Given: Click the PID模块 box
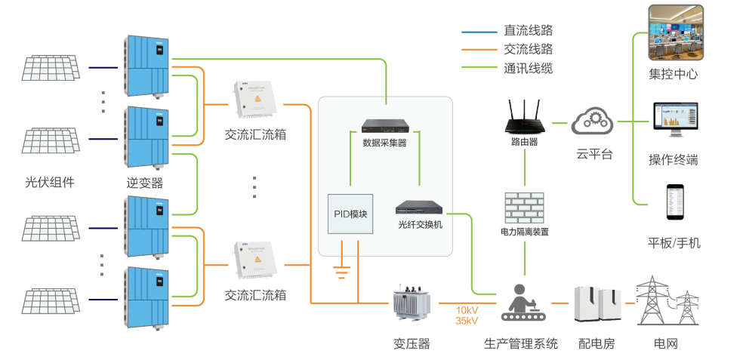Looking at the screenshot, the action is point(350,214).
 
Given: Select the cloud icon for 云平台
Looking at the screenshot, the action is point(592,122).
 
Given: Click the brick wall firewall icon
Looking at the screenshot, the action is point(524,208).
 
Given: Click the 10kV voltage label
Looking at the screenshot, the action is point(467,310).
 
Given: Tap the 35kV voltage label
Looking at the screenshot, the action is point(467,321).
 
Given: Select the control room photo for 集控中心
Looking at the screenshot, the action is point(675,32).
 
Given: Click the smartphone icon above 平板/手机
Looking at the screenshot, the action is point(675,202).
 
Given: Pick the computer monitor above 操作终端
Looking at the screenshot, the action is point(675,119).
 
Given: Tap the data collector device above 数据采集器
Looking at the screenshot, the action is point(385,127).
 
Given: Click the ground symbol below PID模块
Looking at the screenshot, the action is point(341,266).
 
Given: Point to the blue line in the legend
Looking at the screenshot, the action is point(479,32).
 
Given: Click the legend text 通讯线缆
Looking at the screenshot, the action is point(529,68).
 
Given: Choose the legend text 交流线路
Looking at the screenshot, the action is point(529,49).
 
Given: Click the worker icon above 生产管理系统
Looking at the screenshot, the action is point(525,302).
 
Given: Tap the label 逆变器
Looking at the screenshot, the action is point(145,183).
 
